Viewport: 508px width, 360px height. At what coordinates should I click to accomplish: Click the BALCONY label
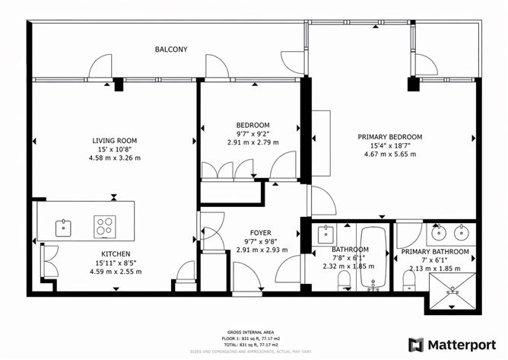[x=171, y=49]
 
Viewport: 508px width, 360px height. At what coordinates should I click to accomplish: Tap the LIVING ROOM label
[x=114, y=140]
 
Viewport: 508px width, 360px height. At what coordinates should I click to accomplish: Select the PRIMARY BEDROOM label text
[x=389, y=137]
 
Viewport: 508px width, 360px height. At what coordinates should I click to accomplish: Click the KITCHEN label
[x=116, y=253]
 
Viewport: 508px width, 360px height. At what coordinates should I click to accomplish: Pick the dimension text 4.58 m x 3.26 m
[x=114, y=158]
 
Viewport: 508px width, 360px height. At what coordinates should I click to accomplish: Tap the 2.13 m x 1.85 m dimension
[x=434, y=268]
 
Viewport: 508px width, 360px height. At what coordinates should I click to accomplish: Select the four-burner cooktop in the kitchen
[x=104, y=226]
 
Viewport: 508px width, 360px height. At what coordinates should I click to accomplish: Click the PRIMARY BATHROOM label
[x=434, y=251]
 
